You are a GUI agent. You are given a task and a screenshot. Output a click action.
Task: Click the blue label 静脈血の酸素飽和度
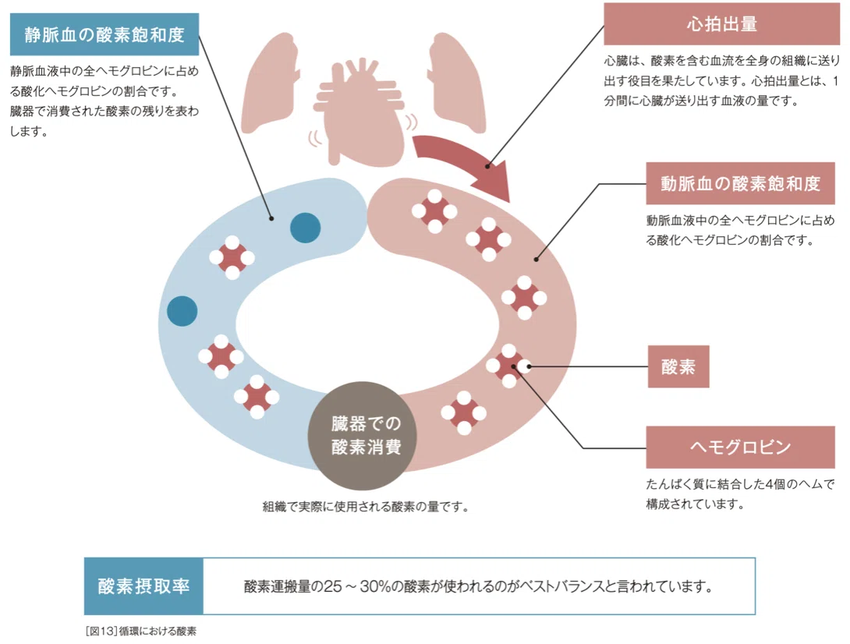[x=104, y=34]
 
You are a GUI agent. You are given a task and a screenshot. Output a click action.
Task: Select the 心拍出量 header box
[x=721, y=24]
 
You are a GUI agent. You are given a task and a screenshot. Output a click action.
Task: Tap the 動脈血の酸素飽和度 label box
[x=740, y=183]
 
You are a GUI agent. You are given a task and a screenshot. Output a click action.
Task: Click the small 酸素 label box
[x=678, y=366]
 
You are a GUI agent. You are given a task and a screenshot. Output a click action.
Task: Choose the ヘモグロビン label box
[x=740, y=448]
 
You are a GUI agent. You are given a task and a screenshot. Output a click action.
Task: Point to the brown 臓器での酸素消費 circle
[x=362, y=435]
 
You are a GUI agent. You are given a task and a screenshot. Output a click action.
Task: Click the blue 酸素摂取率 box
[x=143, y=586]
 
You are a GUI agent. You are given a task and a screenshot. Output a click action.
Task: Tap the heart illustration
[x=360, y=111]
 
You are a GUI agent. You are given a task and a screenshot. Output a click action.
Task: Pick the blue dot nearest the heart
[x=305, y=228]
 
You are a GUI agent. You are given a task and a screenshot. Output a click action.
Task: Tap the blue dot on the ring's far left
[x=182, y=310]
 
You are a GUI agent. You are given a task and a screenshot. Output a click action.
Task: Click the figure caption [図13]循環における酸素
[x=141, y=631]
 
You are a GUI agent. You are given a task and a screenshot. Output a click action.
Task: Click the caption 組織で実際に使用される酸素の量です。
[x=366, y=507]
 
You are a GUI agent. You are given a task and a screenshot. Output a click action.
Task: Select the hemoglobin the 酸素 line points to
[x=509, y=366]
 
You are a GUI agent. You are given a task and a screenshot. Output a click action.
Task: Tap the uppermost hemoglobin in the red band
[x=434, y=211]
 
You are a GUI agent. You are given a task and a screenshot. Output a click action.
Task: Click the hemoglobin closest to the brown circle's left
[x=257, y=397]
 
